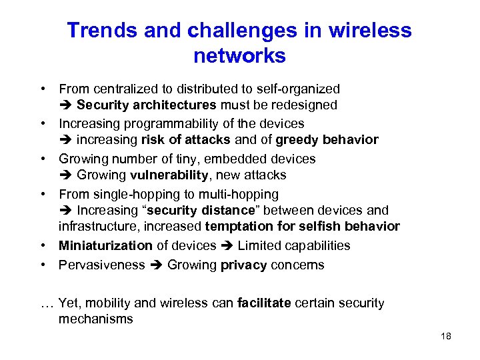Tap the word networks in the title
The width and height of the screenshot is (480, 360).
pos(239,56)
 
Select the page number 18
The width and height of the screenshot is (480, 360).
pos(446,336)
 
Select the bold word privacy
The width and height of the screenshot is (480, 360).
pos(243,265)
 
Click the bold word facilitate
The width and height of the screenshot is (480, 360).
pos(264,303)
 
